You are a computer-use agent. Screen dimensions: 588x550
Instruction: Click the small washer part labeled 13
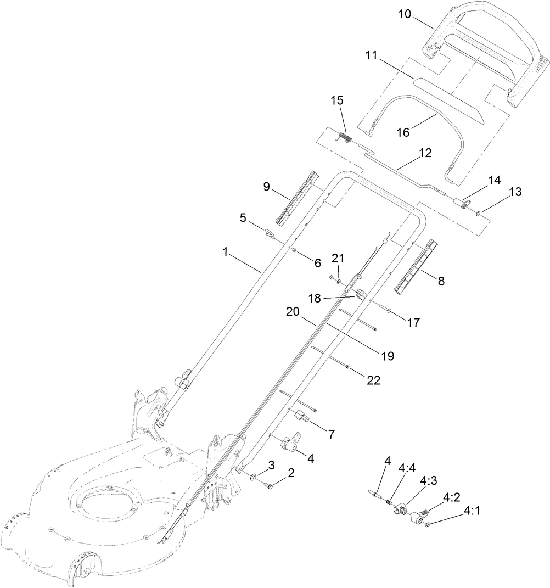[x=479, y=212]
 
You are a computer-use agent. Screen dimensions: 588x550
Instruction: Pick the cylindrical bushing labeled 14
[x=464, y=205]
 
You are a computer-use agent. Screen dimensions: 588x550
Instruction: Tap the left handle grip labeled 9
[x=297, y=197]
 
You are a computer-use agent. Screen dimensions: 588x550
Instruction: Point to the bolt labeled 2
[x=270, y=485]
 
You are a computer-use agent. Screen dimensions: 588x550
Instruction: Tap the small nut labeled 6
[x=294, y=251]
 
